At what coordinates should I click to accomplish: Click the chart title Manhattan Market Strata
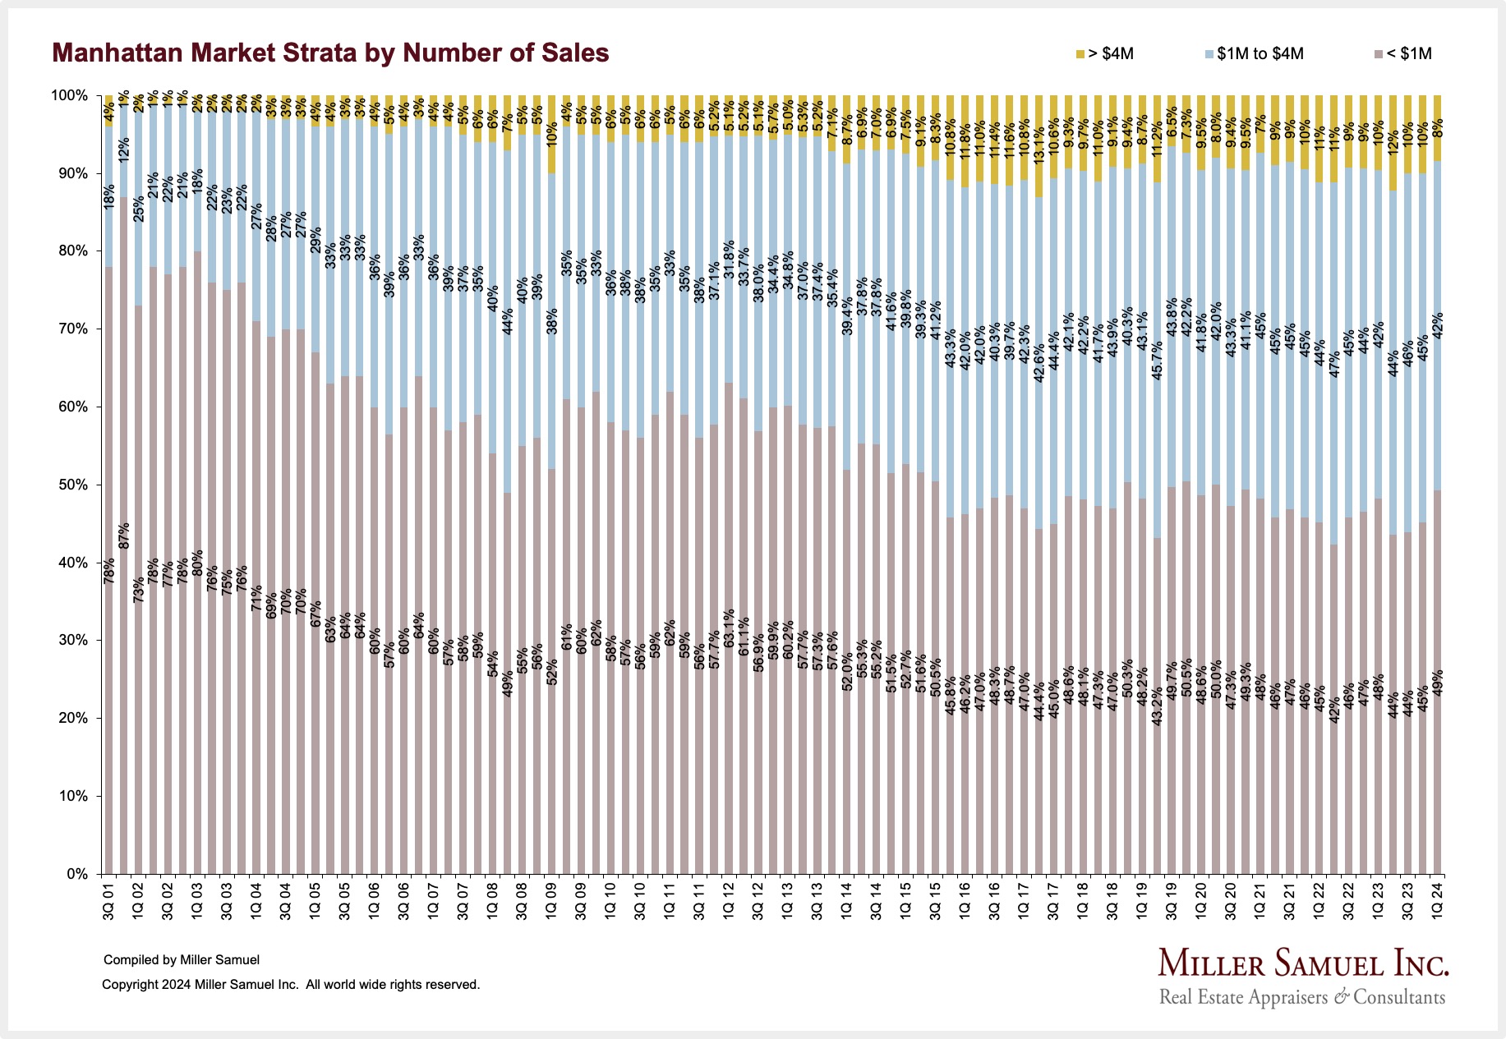click(x=330, y=53)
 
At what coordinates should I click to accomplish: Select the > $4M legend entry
click(x=1105, y=54)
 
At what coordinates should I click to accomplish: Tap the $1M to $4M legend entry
click(x=1254, y=54)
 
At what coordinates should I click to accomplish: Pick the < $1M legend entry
click(x=1402, y=54)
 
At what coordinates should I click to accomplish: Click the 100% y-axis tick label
click(x=71, y=95)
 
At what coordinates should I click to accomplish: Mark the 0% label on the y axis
click(x=78, y=874)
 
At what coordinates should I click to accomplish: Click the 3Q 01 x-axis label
click(x=108, y=901)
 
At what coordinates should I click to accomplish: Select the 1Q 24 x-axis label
click(x=1438, y=901)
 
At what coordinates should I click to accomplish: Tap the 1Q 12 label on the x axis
click(x=728, y=901)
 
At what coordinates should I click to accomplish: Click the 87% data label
click(x=124, y=536)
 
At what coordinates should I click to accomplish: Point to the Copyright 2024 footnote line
click(x=291, y=984)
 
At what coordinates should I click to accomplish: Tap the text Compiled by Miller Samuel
click(x=182, y=959)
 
